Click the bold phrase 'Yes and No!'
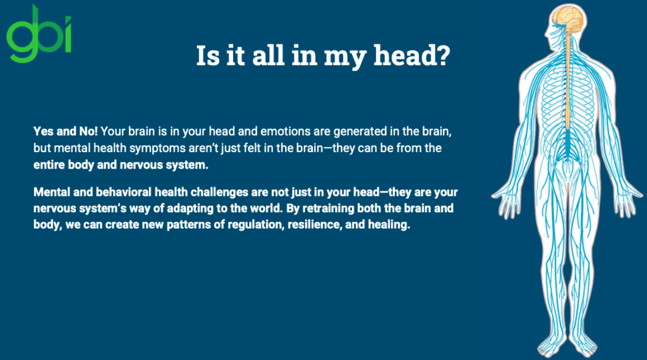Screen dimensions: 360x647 (x=65, y=132)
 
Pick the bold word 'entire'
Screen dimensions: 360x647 (x=51, y=165)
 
